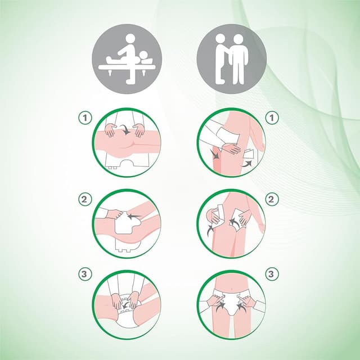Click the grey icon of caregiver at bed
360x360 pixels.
[127, 58]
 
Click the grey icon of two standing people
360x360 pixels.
[232, 58]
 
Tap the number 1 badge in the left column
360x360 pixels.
[85, 118]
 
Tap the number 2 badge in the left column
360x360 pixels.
[85, 199]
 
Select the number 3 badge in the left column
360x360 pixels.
[85, 274]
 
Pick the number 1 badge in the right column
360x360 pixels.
[272, 118]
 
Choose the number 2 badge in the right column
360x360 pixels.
[272, 199]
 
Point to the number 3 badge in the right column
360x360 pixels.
[272, 274]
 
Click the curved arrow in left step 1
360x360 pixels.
[126, 129]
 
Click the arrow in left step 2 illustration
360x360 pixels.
[133, 216]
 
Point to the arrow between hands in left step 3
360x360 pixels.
[125, 305]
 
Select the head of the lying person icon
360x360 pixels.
[144, 55]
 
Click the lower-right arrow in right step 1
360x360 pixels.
[246, 164]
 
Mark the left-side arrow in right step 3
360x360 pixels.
[220, 307]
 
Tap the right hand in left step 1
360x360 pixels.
[139, 130]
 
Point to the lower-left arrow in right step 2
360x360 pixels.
[210, 230]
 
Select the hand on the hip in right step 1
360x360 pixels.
[231, 148]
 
